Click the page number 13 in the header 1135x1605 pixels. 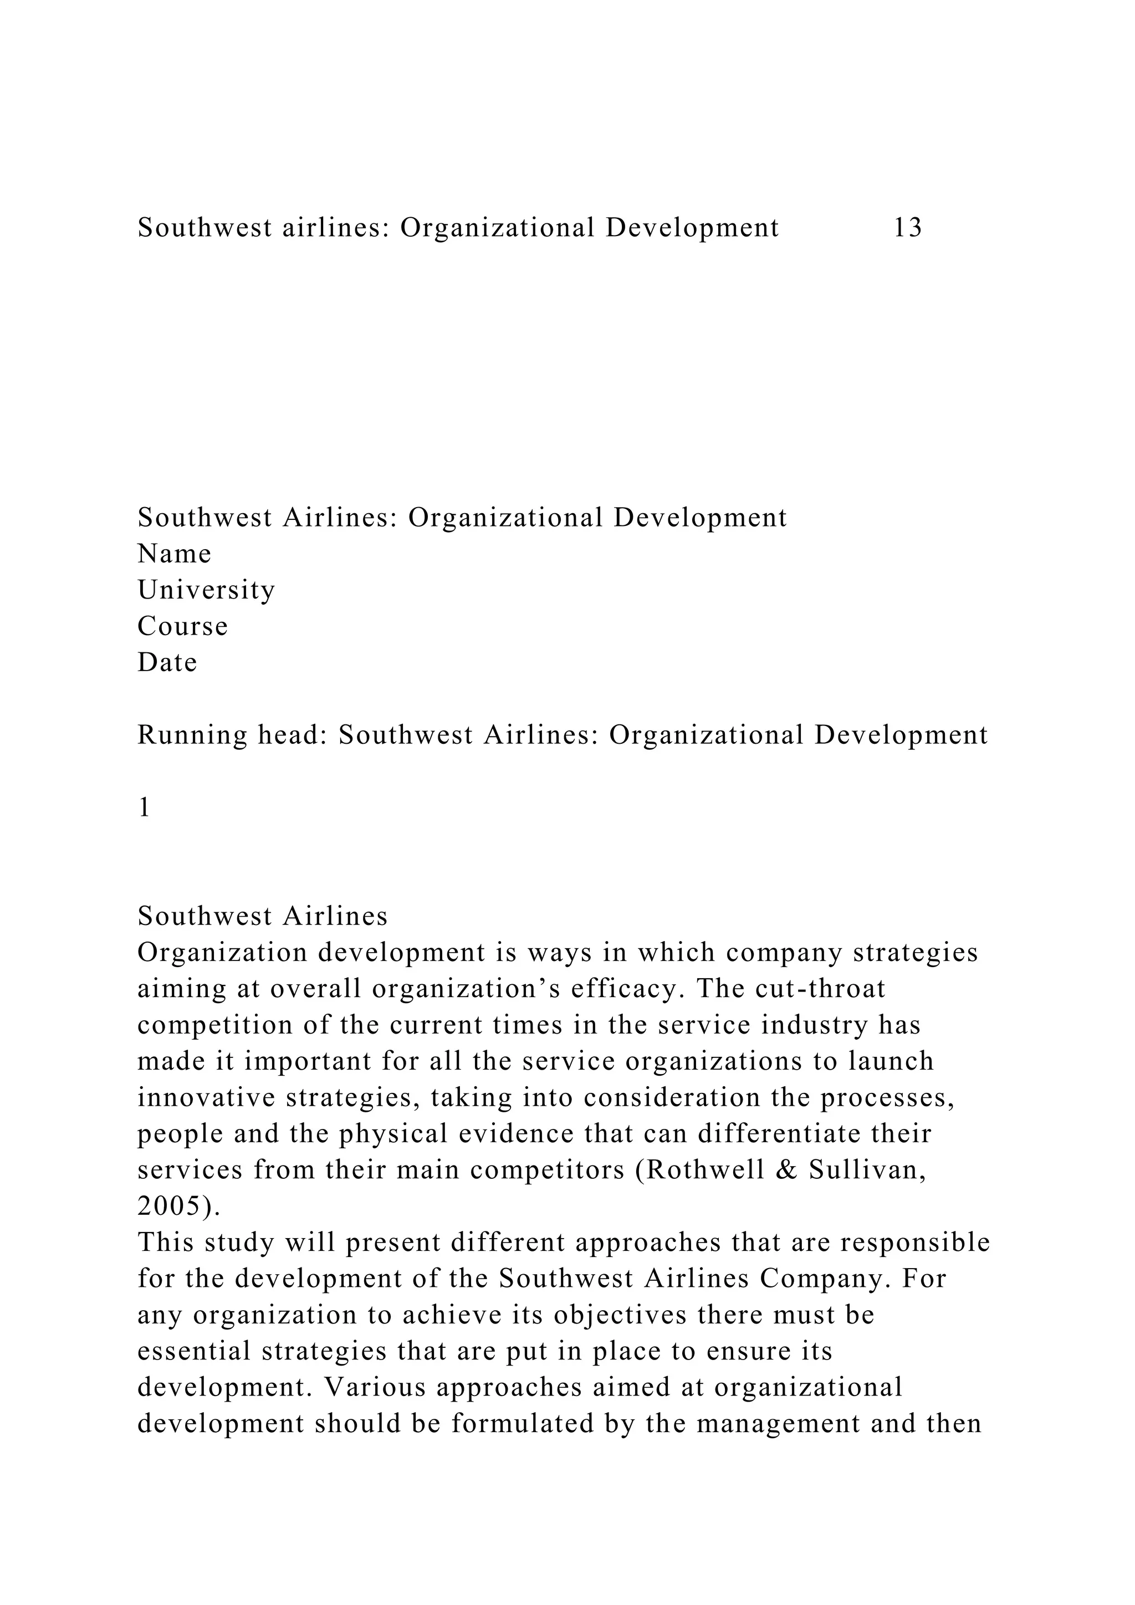[908, 228]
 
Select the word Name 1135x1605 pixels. [174, 554]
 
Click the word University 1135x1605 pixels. [206, 590]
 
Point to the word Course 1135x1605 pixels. [182, 626]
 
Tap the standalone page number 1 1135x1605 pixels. [144, 807]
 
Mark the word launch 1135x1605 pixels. [891, 1061]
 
